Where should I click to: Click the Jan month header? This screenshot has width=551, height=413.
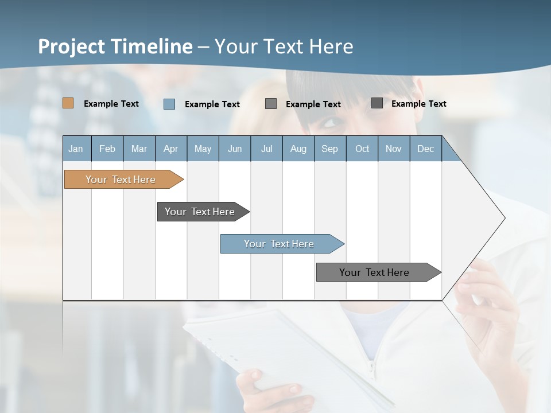click(76, 149)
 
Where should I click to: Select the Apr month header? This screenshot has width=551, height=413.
click(170, 149)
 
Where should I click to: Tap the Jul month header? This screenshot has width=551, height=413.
click(266, 149)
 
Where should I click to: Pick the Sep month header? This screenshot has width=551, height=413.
click(329, 149)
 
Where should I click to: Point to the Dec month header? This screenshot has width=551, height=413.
click(425, 149)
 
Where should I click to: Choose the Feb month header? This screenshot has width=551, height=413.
click(107, 149)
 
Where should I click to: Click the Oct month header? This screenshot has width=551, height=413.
click(362, 149)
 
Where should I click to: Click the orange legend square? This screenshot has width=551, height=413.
click(68, 103)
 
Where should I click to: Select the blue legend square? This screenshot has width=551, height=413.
click(169, 104)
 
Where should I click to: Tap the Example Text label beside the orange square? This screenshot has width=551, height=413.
click(111, 104)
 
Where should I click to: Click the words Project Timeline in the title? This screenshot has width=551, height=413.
click(115, 46)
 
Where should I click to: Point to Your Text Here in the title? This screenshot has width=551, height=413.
click(284, 46)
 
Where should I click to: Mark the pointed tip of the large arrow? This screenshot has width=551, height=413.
click(504, 218)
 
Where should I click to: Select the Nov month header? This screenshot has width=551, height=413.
click(393, 149)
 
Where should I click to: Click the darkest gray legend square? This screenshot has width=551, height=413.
click(377, 103)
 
